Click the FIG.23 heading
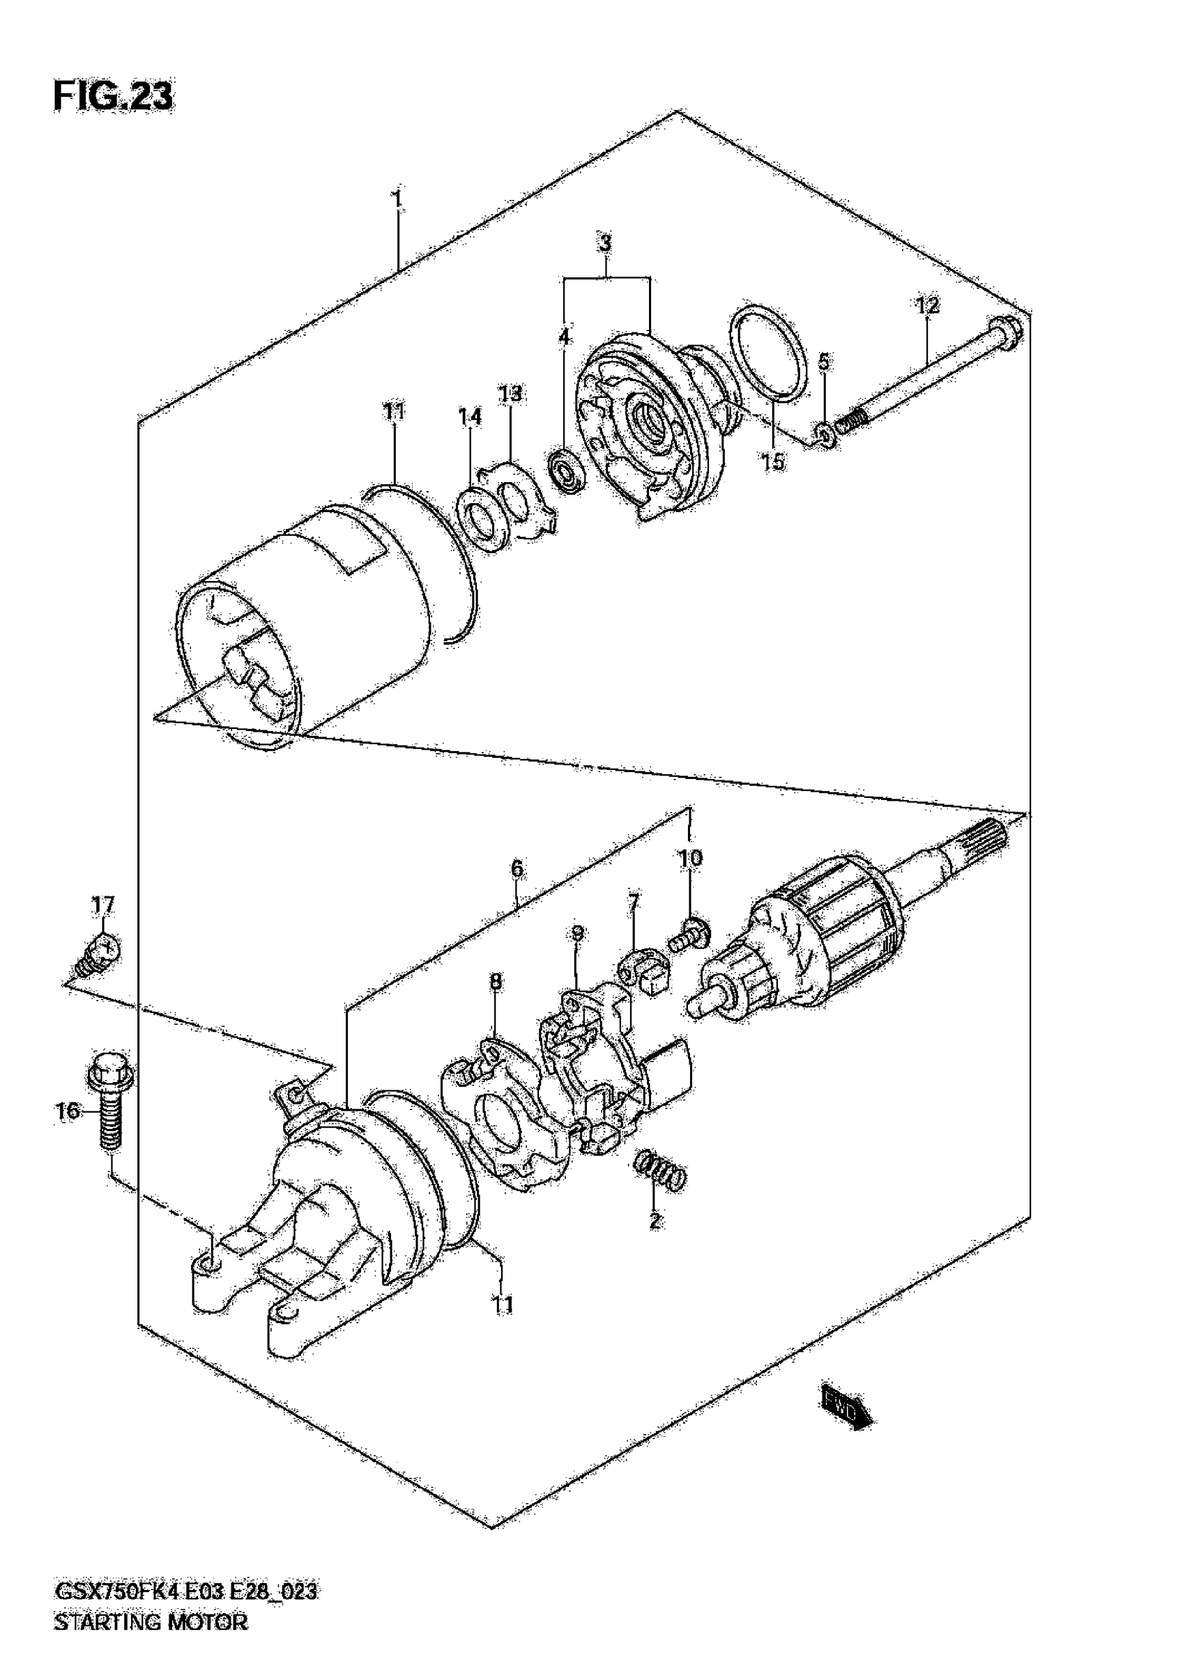click(114, 97)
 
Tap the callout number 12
click(927, 305)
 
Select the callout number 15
click(774, 462)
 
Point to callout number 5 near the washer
click(824, 361)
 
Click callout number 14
click(470, 417)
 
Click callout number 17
click(102, 905)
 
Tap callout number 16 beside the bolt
click(68, 1111)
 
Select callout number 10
click(690, 858)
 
